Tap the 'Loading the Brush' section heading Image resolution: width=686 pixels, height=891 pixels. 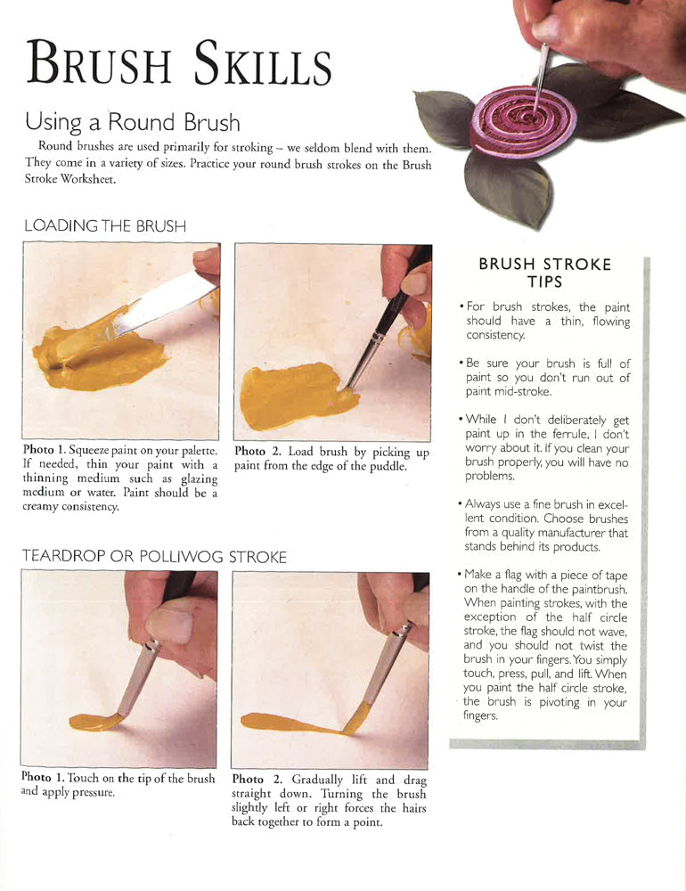105,226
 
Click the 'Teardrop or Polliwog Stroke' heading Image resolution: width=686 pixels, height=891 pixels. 154,557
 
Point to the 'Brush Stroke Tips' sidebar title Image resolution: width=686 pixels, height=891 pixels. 544,273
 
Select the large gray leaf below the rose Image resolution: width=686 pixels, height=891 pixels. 507,186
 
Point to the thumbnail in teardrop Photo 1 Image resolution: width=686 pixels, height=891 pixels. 170,625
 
